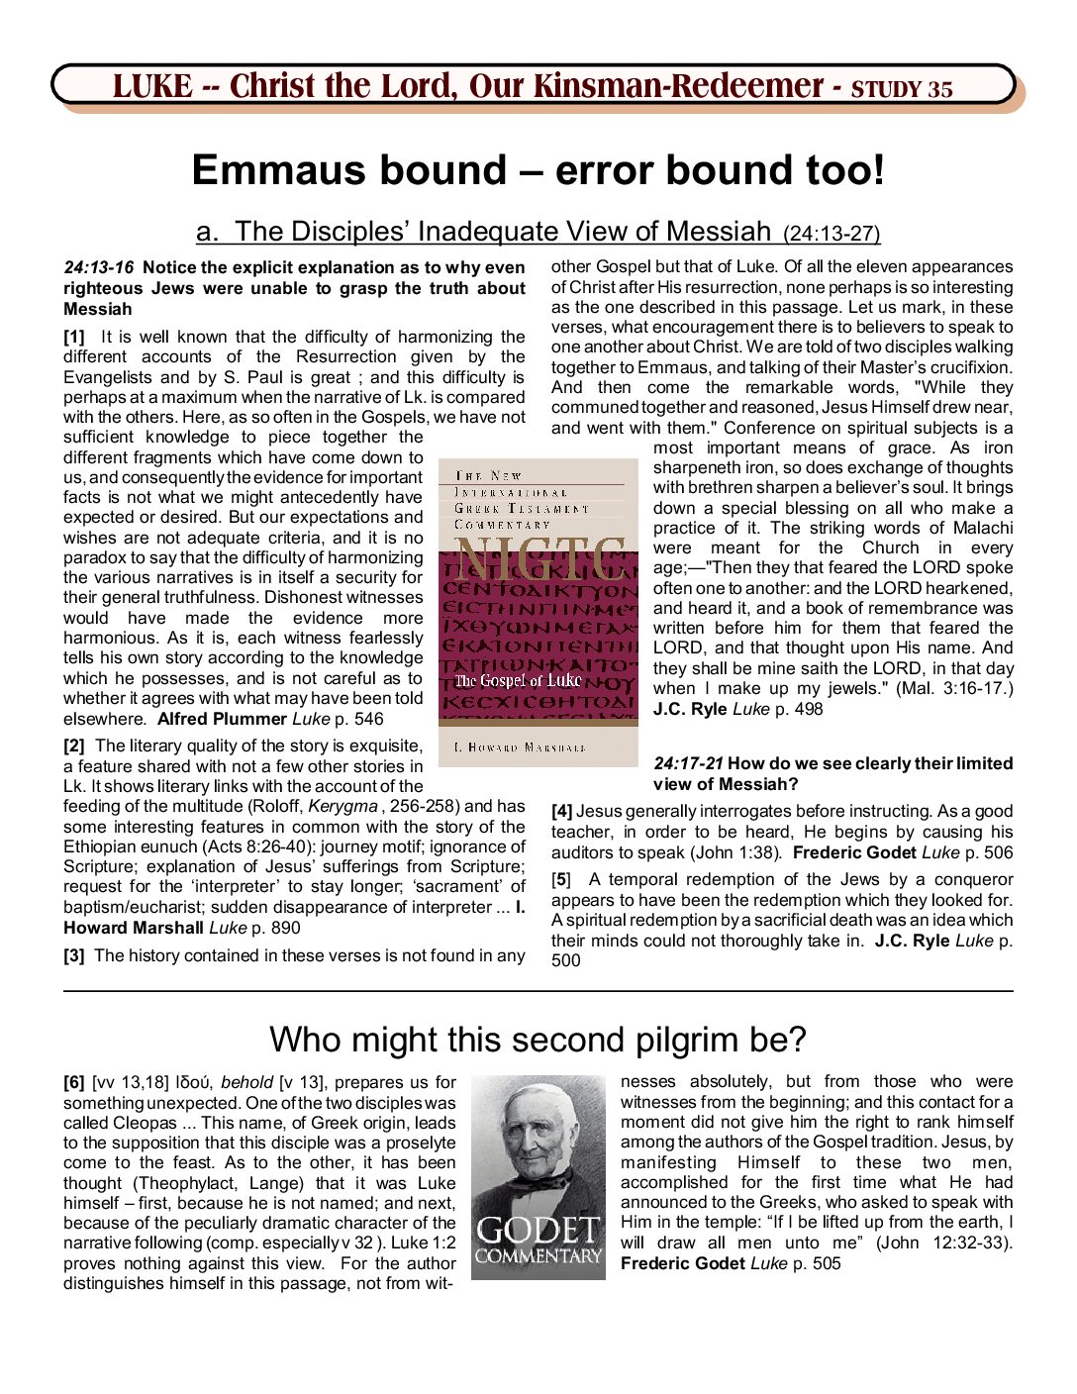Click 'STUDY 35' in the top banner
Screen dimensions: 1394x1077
(x=902, y=89)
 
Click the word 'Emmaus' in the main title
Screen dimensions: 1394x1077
(x=266, y=170)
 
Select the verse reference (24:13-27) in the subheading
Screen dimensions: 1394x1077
(x=831, y=235)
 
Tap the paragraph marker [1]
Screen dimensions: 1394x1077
(x=74, y=337)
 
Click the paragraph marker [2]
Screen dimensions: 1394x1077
(x=74, y=746)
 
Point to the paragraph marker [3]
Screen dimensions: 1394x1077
(x=74, y=955)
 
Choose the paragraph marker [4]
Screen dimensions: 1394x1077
(x=562, y=811)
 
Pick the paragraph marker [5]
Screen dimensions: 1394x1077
(x=562, y=879)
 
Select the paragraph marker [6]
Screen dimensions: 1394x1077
(x=74, y=1082)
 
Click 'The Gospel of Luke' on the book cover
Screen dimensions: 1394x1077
(x=518, y=680)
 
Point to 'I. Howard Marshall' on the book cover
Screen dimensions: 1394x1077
(x=520, y=747)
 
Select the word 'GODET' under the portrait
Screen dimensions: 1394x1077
(x=538, y=1232)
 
